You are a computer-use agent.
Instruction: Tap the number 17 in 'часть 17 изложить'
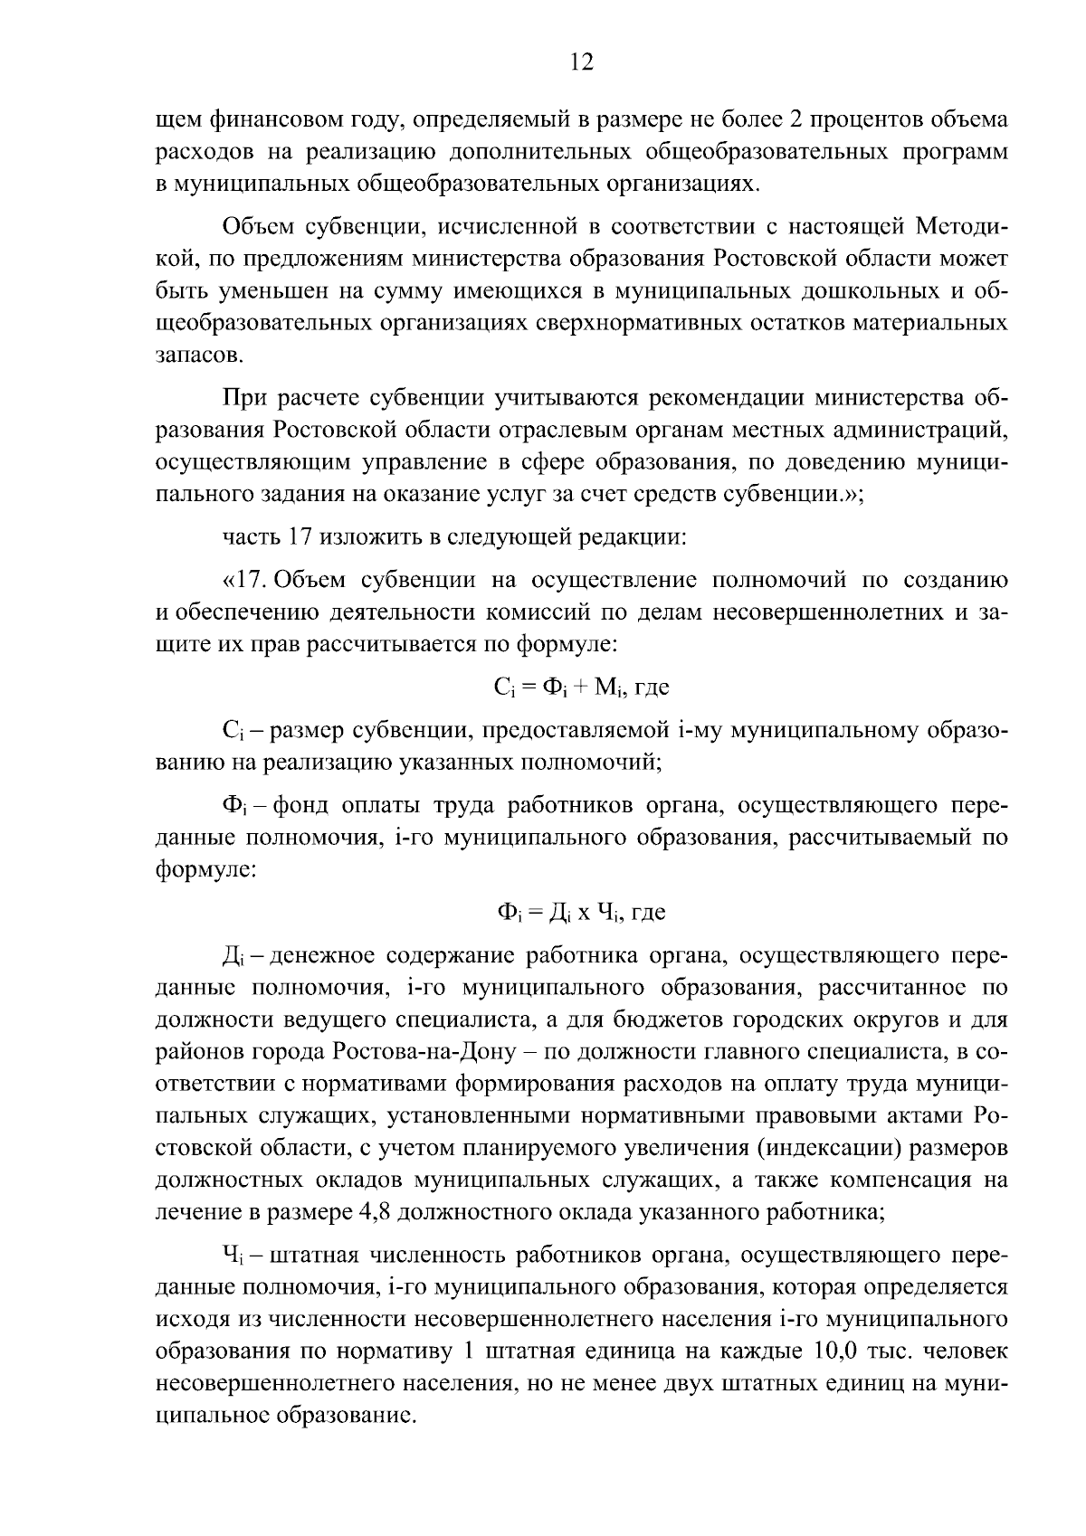tap(300, 537)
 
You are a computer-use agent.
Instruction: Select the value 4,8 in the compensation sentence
tap(364, 1212)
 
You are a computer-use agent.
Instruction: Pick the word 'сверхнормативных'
tap(630, 323)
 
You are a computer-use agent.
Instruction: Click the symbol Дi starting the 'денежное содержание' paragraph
tap(233, 956)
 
